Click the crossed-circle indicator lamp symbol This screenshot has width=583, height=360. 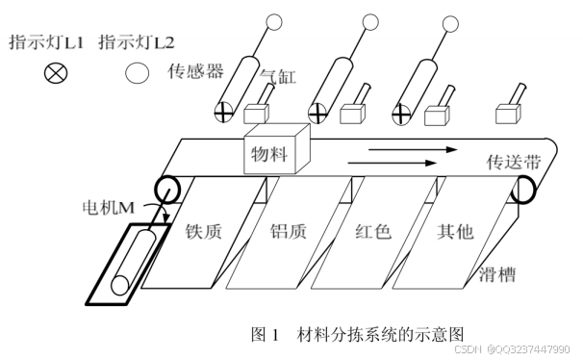56,72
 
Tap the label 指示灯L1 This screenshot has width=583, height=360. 46,41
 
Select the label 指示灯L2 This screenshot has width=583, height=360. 137,41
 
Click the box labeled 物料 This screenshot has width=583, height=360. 276,149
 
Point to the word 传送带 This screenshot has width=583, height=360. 514,162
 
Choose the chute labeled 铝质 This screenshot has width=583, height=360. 289,232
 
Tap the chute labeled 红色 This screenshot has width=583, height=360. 373,232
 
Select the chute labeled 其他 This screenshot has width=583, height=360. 455,232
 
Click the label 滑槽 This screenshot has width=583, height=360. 497,275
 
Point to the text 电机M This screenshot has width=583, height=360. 108,208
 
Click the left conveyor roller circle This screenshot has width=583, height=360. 167,190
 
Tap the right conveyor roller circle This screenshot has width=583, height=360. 523,190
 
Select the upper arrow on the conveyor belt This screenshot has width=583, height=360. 413,149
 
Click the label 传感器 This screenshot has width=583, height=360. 195,70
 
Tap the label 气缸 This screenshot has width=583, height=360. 278,77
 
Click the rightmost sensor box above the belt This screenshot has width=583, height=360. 508,115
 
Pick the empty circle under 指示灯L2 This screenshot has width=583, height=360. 137,72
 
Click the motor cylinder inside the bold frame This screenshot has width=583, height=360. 133,263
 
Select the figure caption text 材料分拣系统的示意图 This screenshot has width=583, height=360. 380,334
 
